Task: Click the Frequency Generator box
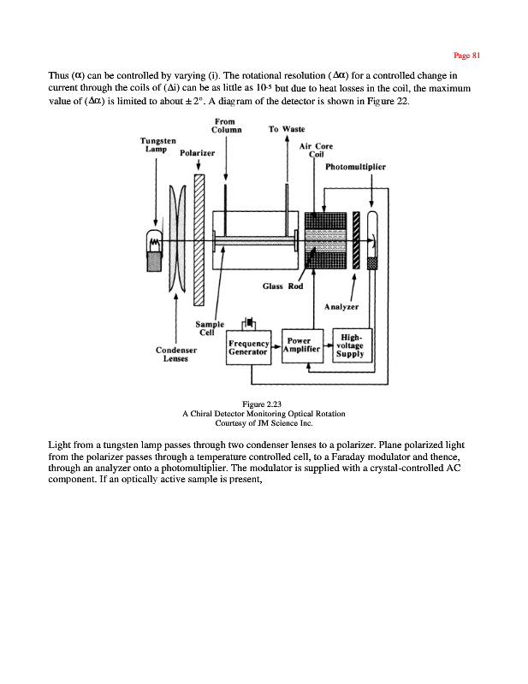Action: click(x=249, y=349)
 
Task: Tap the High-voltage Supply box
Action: click(x=350, y=345)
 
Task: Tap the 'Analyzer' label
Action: click(x=341, y=305)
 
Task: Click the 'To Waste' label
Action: click(x=286, y=130)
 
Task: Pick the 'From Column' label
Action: click(x=226, y=127)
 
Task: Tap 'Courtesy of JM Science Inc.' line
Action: click(x=264, y=422)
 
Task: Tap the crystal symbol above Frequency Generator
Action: click(x=249, y=323)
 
